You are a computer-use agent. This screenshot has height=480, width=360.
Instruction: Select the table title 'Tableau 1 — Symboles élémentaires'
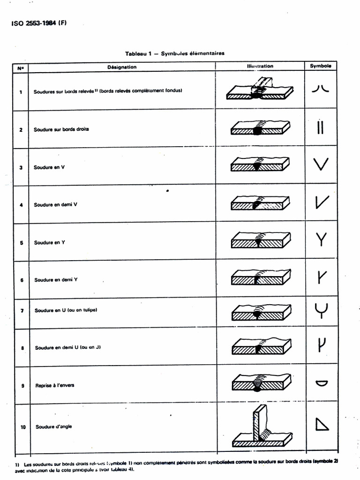tap(174, 53)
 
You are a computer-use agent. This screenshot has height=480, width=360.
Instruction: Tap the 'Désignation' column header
tap(122, 67)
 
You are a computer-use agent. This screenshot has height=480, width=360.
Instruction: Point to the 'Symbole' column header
tap(321, 66)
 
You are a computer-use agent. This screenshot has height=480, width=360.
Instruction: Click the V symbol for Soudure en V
tap(321, 165)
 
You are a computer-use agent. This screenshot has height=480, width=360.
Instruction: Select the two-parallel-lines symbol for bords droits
tap(320, 127)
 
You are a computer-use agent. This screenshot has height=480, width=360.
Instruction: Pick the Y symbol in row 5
tap(321, 240)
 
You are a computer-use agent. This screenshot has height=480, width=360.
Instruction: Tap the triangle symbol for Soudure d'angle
tap(322, 424)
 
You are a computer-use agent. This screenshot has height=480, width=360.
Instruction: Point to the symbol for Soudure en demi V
tap(322, 202)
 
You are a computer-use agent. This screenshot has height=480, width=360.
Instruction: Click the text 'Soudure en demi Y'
tap(56, 280)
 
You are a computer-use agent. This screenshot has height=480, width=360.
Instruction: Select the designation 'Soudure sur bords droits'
tap(61, 129)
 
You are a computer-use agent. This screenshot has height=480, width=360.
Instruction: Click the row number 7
tap(21, 311)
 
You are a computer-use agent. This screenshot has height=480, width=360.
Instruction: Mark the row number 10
tap(21, 427)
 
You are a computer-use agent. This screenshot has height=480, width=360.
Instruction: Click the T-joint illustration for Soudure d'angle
tap(262, 427)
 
